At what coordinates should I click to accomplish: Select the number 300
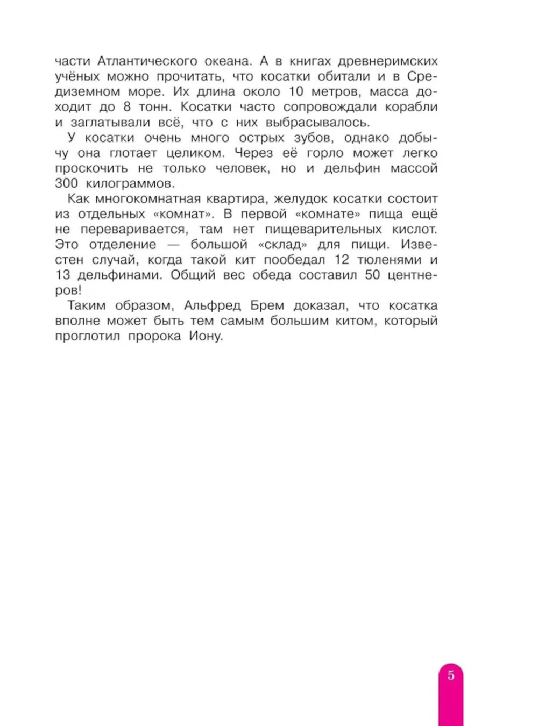(67, 183)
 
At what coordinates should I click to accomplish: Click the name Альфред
(212, 305)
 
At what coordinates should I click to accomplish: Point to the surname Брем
(267, 305)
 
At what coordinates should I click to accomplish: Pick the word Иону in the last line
(206, 336)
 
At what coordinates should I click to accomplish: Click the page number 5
(451, 675)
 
